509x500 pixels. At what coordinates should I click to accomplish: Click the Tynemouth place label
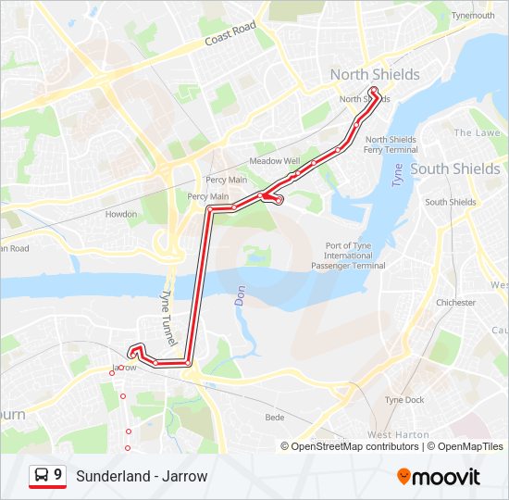474,16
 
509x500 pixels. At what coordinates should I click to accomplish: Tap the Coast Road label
230,36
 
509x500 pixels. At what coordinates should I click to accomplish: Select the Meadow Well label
275,160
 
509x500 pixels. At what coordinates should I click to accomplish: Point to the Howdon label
121,214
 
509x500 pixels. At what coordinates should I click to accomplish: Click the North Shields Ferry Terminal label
391,144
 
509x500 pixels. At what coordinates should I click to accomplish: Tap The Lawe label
477,132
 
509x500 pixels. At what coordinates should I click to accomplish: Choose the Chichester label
456,303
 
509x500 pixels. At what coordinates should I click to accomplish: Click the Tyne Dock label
405,400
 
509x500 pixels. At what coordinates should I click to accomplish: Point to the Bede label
275,418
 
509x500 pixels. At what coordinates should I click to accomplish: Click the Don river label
238,295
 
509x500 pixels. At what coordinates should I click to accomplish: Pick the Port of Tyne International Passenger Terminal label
355,256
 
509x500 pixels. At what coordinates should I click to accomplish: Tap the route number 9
58,475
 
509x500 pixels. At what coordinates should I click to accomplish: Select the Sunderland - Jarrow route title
142,476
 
